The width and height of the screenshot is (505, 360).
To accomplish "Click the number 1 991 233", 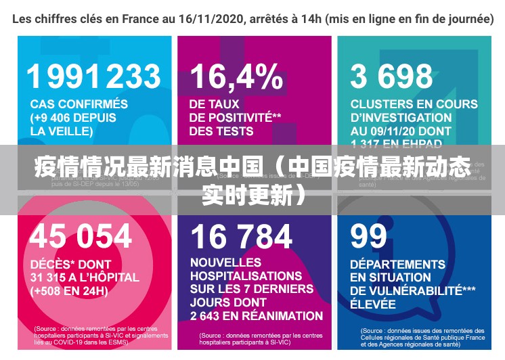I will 94,76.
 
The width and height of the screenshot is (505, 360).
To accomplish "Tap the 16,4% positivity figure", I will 236,76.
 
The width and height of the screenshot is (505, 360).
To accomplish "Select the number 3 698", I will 391,76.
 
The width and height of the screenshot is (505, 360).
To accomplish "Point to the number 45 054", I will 81,236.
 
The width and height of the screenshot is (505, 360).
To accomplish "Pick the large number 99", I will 369,236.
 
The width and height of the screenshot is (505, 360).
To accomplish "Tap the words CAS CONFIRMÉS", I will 79,104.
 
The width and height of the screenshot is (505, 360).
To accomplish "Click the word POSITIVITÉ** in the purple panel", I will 235,117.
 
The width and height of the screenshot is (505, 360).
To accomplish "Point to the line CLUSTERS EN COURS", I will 414,104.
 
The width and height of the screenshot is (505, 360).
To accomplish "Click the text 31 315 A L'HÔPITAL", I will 85,277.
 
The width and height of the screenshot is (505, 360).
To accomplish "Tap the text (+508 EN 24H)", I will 69,291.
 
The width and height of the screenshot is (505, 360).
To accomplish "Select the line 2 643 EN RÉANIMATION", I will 257,315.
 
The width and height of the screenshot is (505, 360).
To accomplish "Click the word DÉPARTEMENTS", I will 397,264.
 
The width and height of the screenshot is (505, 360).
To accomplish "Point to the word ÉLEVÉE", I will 373,304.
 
